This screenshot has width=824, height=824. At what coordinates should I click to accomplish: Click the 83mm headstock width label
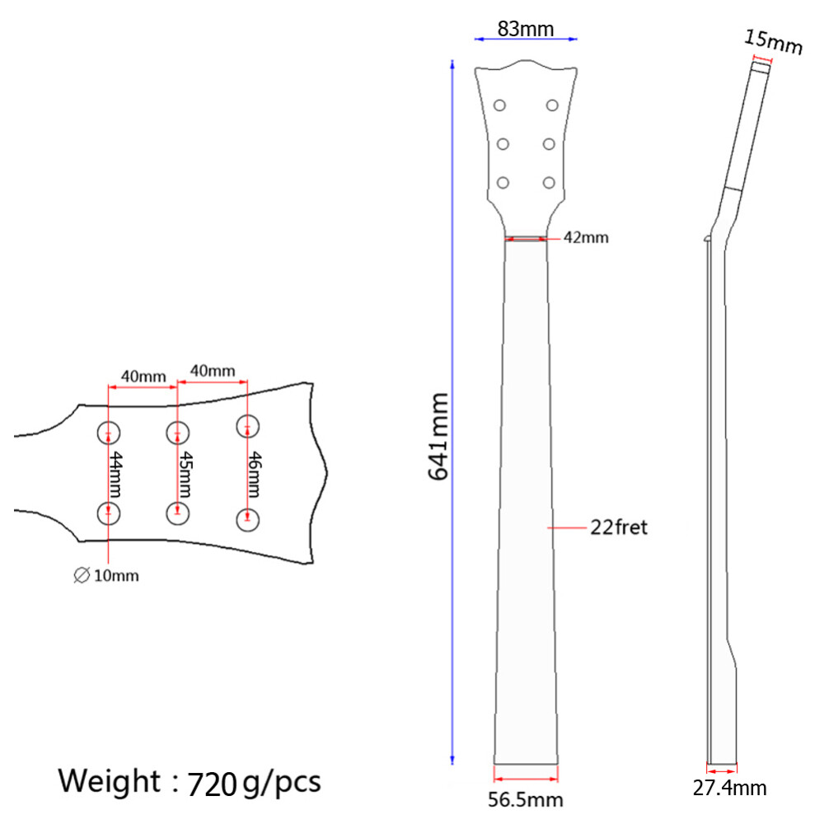526,29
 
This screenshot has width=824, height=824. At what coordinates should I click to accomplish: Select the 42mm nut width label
586,238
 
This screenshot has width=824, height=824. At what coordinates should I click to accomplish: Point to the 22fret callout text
619,527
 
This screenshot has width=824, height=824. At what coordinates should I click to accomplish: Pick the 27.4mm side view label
729,789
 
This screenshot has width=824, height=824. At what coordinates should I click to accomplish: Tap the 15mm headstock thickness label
773,41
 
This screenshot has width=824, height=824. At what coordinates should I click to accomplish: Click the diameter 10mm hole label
107,576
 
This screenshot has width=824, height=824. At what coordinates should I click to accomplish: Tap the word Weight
110,780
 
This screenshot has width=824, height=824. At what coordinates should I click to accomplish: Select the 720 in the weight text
212,782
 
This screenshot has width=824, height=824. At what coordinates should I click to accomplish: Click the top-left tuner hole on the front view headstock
499,105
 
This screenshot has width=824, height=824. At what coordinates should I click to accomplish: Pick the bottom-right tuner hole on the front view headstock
549,182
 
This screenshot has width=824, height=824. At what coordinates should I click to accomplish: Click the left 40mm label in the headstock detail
143,377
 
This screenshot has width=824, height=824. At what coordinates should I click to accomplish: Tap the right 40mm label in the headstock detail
213,371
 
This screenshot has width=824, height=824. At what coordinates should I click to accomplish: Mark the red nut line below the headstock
526,240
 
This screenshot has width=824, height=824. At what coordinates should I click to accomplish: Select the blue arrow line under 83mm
526,39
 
